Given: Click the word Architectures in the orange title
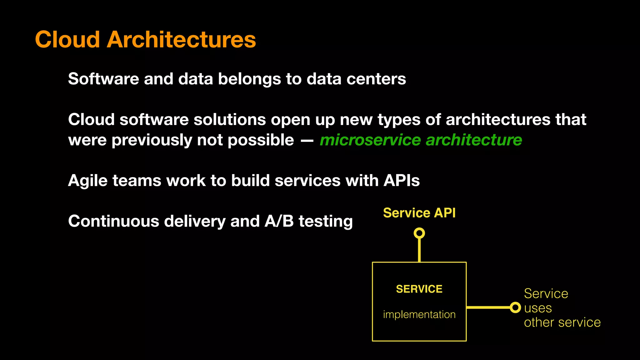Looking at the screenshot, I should click(181, 40).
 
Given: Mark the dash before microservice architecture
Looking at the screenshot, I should click(307, 141).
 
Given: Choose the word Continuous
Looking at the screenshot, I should click(113, 221).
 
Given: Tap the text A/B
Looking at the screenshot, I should click(279, 221).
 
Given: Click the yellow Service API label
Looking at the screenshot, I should click(419, 213).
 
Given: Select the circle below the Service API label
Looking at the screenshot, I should click(419, 233).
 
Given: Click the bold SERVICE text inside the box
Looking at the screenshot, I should click(419, 289).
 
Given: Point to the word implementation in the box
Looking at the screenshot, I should click(419, 314).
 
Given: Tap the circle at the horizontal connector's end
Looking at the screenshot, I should click(515, 307).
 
